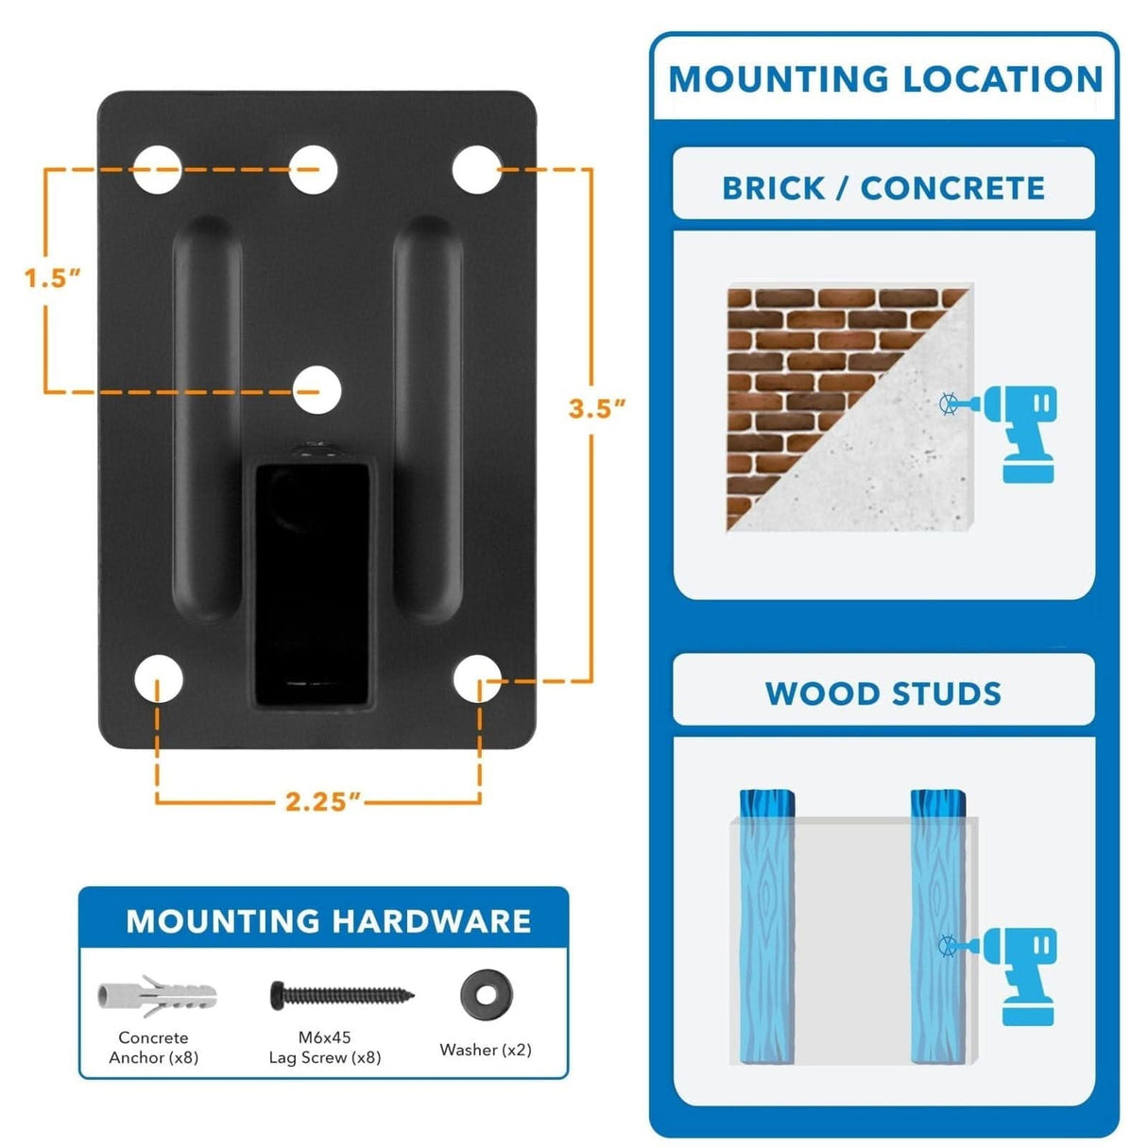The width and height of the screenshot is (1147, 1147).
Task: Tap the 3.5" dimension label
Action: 597,408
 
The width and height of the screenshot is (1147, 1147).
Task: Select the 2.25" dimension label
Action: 323,801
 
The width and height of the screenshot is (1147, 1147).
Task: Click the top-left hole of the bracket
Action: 157,170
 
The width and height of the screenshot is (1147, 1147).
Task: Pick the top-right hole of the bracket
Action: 476,170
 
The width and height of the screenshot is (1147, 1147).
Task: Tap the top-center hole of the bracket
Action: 314,170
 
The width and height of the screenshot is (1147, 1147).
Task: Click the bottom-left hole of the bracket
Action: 158,679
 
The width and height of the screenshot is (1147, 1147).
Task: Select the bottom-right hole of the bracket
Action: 477,679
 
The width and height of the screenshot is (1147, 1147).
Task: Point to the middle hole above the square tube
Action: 317,390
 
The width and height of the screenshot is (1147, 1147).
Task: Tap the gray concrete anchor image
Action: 157,996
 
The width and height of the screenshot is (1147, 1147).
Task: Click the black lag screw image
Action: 342,994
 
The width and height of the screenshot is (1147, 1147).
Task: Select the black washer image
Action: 486,995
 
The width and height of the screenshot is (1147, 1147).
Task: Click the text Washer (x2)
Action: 486,1050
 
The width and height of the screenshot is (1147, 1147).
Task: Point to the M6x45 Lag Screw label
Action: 325,1048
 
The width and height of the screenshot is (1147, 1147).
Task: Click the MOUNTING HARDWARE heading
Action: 329,921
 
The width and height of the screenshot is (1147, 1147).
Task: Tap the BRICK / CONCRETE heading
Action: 883,188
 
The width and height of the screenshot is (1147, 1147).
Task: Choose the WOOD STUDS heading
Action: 883,693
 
